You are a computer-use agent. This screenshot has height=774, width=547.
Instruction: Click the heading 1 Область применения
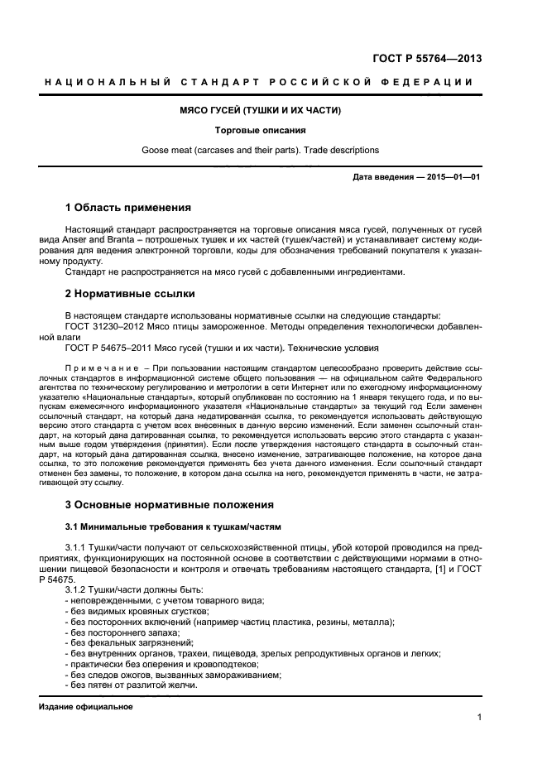[128, 207]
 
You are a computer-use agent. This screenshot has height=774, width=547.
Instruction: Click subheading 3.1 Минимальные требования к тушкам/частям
[173, 526]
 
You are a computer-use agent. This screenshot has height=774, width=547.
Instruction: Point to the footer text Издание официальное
[85, 707]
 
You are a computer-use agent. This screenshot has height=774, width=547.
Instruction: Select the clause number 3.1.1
[78, 548]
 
